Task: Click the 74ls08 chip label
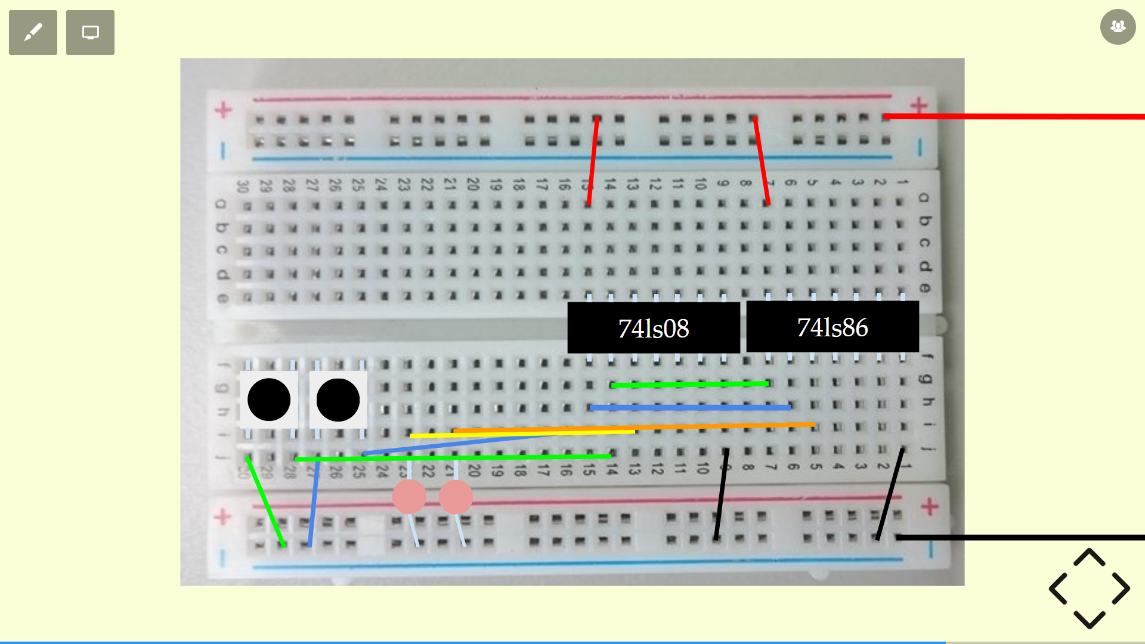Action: coord(653,328)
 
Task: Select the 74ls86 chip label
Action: coord(832,327)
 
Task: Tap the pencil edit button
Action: coord(33,32)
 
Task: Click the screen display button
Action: coord(90,32)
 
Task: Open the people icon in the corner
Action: coord(1118,27)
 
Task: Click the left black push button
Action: coord(269,400)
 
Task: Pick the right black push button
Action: coord(338,400)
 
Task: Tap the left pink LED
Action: coord(409,497)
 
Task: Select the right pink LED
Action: coord(456,497)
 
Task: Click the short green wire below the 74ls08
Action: coord(690,385)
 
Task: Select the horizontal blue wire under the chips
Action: coord(690,408)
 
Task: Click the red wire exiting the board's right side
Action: coord(1014,116)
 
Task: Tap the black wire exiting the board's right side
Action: coord(1020,537)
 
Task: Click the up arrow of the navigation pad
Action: coord(1090,558)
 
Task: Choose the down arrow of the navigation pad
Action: coord(1090,620)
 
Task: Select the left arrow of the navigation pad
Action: coord(1058,589)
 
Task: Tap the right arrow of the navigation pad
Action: coord(1121,589)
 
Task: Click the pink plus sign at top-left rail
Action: coord(224,110)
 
